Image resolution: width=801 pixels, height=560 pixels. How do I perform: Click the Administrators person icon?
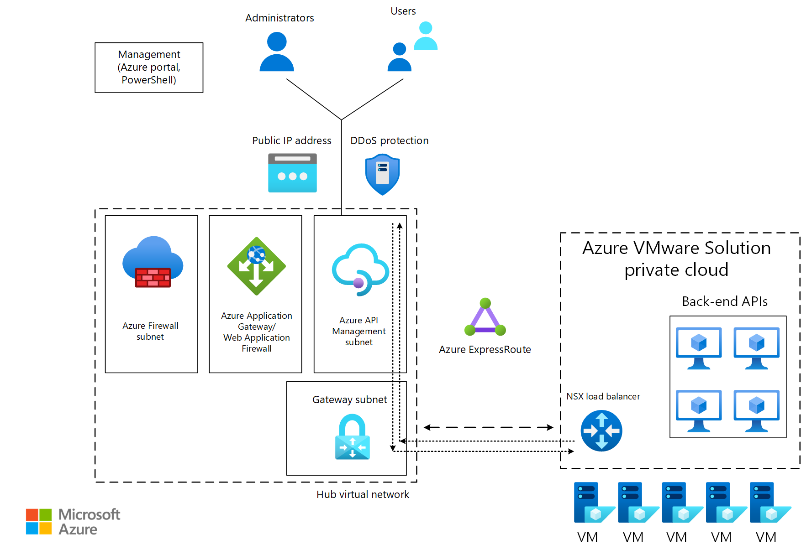click(x=277, y=52)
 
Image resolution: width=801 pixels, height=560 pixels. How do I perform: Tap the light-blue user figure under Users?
click(x=426, y=36)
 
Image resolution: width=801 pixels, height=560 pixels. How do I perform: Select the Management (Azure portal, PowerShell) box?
click(x=149, y=67)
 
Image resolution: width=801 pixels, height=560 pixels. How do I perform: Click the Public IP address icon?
click(x=292, y=173)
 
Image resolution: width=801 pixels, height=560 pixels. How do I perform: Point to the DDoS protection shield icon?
click(x=382, y=175)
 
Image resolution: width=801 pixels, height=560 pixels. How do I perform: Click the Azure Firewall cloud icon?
click(x=153, y=263)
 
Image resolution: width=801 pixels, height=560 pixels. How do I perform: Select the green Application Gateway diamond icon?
click(x=256, y=266)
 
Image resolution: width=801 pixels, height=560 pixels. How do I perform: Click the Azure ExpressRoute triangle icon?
click(x=485, y=318)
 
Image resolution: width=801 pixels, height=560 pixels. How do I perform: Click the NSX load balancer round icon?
click(x=601, y=430)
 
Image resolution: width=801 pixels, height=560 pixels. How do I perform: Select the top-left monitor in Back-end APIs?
click(x=699, y=348)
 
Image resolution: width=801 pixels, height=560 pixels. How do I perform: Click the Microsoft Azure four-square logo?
click(x=39, y=521)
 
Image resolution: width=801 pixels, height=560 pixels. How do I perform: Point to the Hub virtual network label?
click(x=363, y=494)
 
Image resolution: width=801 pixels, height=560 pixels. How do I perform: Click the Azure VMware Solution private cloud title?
click(x=676, y=259)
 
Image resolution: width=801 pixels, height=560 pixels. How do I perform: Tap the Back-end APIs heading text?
click(x=724, y=301)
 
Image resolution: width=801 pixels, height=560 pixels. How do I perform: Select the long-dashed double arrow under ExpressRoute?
click(x=488, y=427)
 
